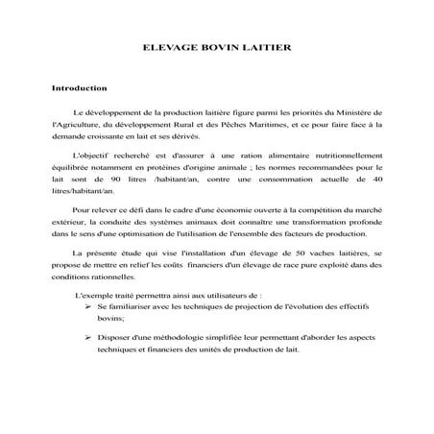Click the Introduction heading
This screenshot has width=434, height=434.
(79, 88)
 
